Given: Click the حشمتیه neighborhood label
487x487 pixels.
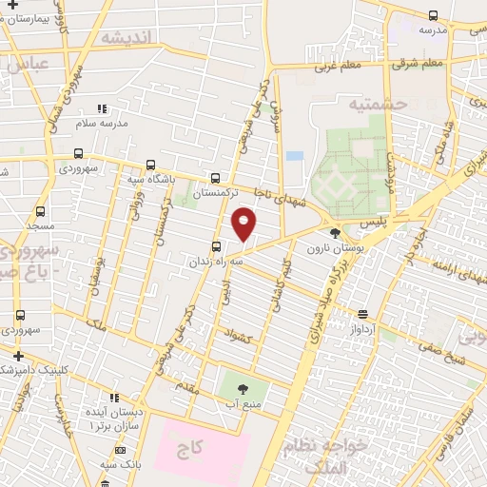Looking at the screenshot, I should pos(377,104).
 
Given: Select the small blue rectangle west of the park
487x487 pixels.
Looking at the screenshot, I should pos(294,155).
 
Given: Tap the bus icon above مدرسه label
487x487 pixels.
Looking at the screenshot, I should pos(434,15).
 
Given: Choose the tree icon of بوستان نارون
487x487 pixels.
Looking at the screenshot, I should pos(334,232).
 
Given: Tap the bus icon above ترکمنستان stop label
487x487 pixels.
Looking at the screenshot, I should pos(216,177).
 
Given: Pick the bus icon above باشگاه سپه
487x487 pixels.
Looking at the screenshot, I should pos(152,165).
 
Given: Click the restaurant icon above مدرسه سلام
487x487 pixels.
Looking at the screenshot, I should pos(102,109).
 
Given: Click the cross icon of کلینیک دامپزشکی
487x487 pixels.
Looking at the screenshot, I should pos(18,356).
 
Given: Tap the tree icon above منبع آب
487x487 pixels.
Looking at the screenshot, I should pos(240,387).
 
